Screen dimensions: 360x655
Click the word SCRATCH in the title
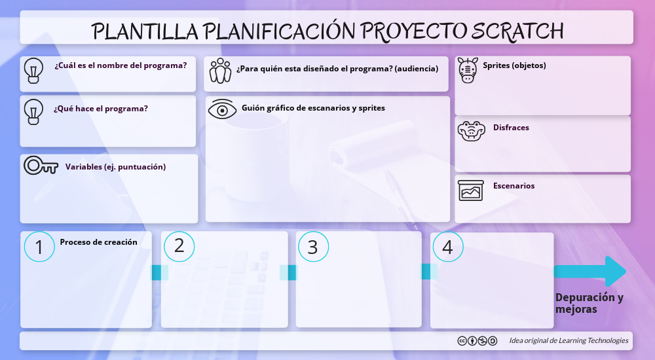tap(517, 30)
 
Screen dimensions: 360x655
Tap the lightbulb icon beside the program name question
tap(33, 70)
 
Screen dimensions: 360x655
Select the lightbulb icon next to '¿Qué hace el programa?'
tap(33, 112)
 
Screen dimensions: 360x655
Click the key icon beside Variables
tap(41, 166)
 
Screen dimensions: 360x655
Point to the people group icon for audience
tap(221, 70)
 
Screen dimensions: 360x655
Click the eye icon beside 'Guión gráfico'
tap(223, 109)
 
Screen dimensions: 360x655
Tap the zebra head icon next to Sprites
tap(468, 69)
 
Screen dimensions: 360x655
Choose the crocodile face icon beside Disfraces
tap(470, 131)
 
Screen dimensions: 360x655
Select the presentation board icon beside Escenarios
tap(471, 190)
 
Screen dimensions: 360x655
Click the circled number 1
tap(39, 247)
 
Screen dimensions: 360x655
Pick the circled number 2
tap(179, 246)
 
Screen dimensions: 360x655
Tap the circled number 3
tap(313, 247)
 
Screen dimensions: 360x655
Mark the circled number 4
tap(448, 247)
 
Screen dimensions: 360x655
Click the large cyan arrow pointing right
tap(590, 271)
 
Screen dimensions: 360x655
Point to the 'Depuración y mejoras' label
tap(589, 303)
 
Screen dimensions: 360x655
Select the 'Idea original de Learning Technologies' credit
tap(569, 340)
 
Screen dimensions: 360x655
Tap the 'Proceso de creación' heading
tap(99, 242)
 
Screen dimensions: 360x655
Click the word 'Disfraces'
tap(511, 128)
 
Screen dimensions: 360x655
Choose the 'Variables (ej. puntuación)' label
tap(115, 167)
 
